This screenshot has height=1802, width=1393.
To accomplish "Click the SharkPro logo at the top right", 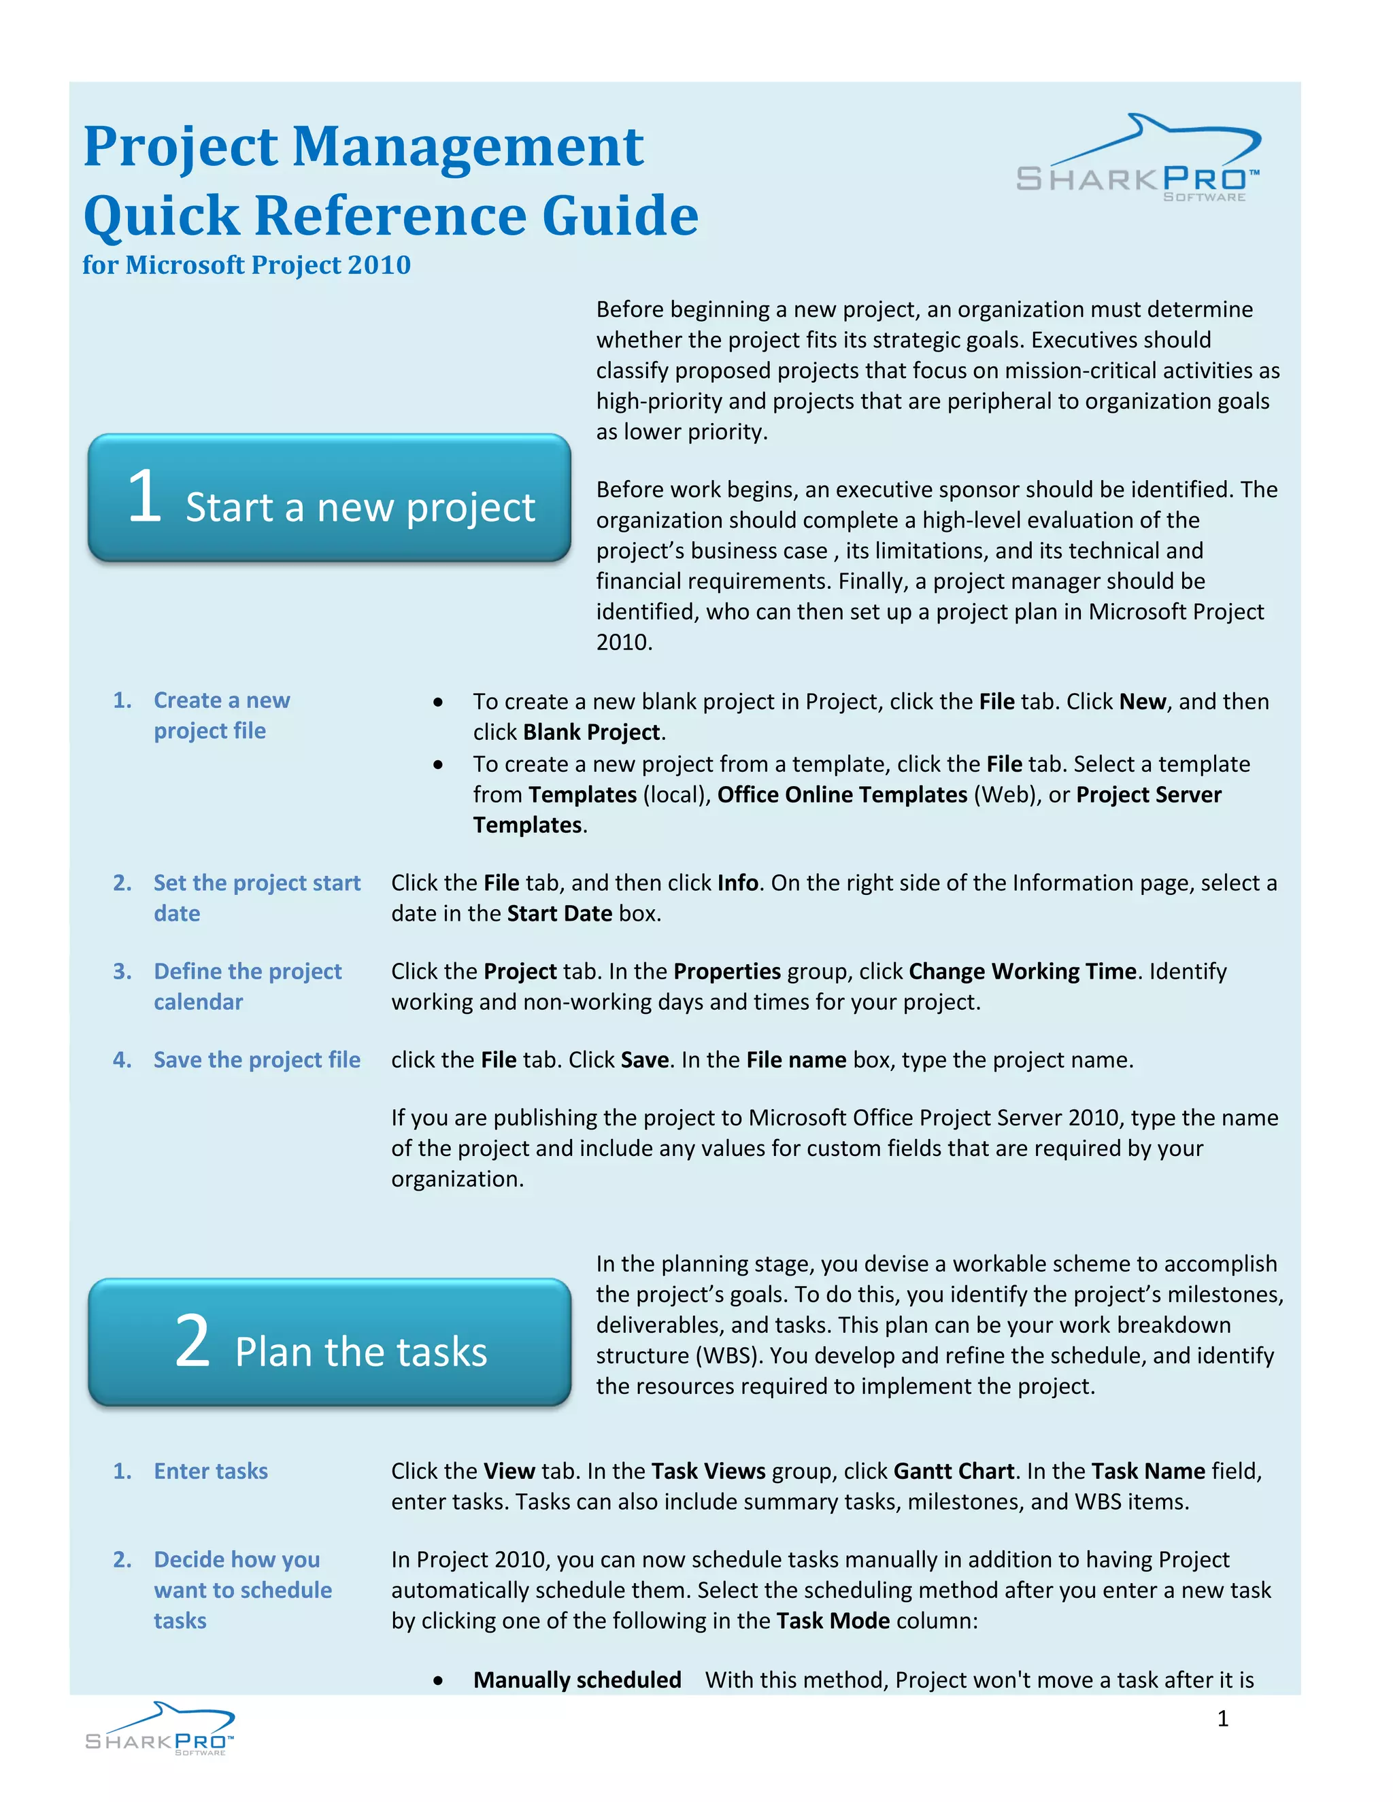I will pyautogui.click(x=1137, y=159).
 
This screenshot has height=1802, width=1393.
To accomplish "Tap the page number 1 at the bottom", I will pyautogui.click(x=1222, y=1718).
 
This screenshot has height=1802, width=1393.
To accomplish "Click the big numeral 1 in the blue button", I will pyautogui.click(x=144, y=496).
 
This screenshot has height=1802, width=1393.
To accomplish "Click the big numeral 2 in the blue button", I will pyautogui.click(x=192, y=1342).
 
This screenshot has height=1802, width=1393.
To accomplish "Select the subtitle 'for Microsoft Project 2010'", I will pyautogui.click(x=246, y=265).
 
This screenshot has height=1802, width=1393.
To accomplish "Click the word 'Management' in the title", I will pyautogui.click(x=467, y=147).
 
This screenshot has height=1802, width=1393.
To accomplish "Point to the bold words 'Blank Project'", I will pyautogui.click(x=591, y=732).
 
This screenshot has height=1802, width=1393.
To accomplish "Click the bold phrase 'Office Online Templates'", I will pyautogui.click(x=842, y=794).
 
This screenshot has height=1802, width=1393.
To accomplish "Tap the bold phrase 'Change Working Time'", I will pyautogui.click(x=1022, y=972).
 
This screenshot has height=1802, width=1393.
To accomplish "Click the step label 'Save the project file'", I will pyautogui.click(x=256, y=1060).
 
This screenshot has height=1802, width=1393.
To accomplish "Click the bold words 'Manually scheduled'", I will pyautogui.click(x=577, y=1680).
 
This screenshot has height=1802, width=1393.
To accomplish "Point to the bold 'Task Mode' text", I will pyautogui.click(x=833, y=1620).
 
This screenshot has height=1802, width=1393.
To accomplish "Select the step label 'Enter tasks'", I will pyautogui.click(x=210, y=1471).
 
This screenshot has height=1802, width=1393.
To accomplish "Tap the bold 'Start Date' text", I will pyautogui.click(x=560, y=914).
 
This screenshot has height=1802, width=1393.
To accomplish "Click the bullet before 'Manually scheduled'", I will pyautogui.click(x=438, y=1682).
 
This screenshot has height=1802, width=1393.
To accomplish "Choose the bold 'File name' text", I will pyautogui.click(x=796, y=1060).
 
